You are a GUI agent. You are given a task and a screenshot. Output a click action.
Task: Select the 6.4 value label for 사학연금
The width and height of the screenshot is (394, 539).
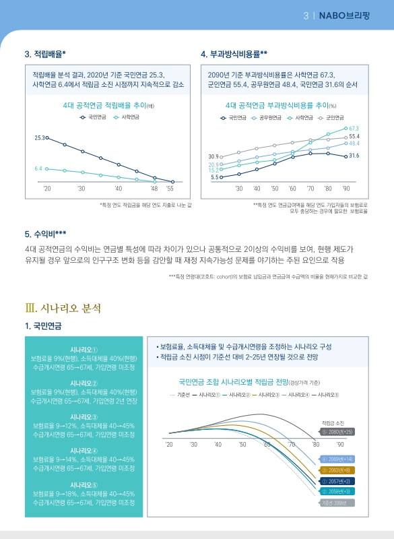(x=38, y=168)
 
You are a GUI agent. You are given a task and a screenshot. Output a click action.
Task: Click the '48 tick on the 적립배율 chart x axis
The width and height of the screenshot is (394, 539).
(x=154, y=189)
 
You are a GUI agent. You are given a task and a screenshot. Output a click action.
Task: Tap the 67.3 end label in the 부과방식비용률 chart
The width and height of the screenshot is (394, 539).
(x=354, y=128)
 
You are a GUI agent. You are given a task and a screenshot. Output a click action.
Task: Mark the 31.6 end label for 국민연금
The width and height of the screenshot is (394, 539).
(x=354, y=156)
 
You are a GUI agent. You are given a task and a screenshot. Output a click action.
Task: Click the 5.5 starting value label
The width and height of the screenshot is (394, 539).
(x=214, y=177)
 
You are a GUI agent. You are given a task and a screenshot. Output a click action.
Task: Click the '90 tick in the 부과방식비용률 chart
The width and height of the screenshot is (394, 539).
(x=346, y=189)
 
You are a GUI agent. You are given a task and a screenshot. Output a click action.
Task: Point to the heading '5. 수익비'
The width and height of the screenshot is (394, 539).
(x=45, y=234)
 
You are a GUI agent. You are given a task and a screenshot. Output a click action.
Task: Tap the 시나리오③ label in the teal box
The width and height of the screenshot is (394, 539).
(x=84, y=416)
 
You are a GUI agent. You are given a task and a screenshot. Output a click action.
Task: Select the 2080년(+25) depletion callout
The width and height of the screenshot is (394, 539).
(x=337, y=432)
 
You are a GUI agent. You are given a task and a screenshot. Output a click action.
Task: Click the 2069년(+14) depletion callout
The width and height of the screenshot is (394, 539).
(x=337, y=459)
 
